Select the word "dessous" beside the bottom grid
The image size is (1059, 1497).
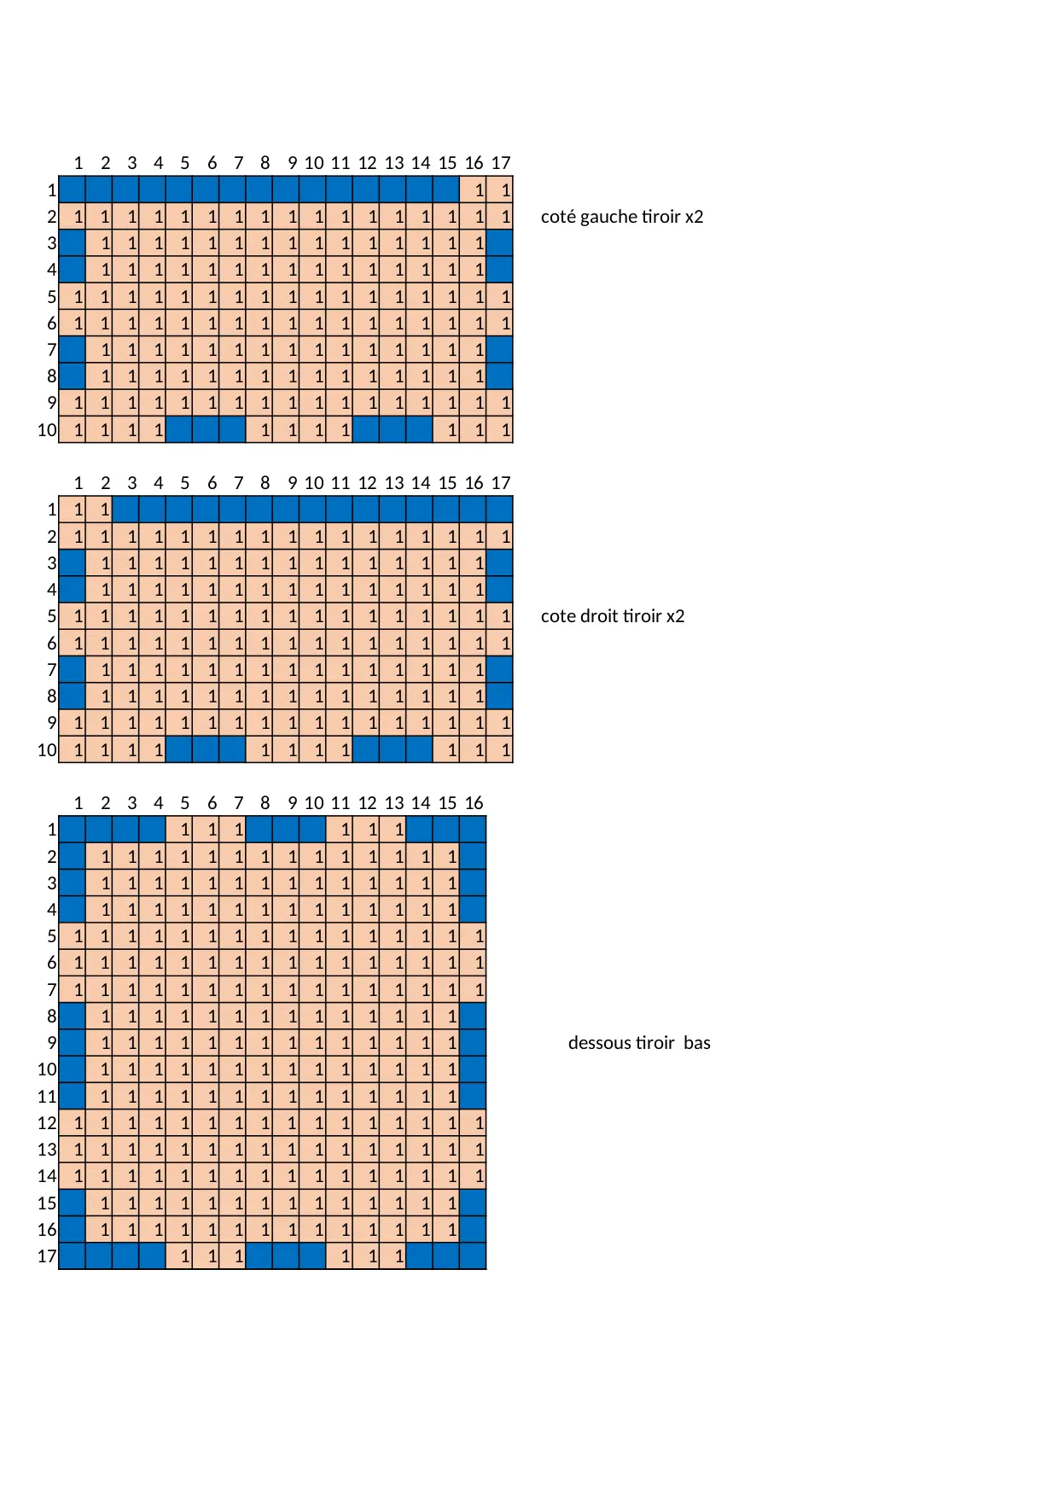(598, 1043)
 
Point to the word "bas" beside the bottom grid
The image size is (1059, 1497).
(696, 1043)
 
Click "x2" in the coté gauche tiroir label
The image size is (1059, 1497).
(694, 217)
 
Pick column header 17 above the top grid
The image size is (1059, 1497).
(501, 163)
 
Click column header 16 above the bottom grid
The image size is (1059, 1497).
(474, 803)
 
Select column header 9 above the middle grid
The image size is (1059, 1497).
(292, 483)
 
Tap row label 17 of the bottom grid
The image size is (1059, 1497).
(47, 1256)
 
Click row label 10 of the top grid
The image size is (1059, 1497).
(47, 430)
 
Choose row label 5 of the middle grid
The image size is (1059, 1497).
(52, 616)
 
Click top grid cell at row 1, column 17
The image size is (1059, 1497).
(500, 189)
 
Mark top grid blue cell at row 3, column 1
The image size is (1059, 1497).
(73, 243)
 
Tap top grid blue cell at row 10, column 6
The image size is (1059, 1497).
(206, 429)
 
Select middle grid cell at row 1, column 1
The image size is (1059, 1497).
(73, 510)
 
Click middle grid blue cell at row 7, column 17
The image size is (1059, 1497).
(500, 670)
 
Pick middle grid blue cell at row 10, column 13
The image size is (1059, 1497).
(393, 749)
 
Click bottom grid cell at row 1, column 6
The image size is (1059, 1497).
(206, 830)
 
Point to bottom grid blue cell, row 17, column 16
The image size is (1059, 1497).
(473, 1256)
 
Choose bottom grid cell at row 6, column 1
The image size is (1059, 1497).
(73, 963)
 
